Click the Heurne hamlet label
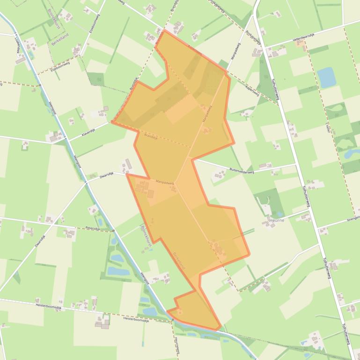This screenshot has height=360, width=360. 276,219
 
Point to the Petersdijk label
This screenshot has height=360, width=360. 93,228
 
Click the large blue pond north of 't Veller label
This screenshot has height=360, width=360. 326,77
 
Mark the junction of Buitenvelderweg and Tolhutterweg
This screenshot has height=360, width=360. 296,165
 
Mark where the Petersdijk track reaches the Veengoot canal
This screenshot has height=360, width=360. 114,231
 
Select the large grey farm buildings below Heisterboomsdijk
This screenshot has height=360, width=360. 103,322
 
